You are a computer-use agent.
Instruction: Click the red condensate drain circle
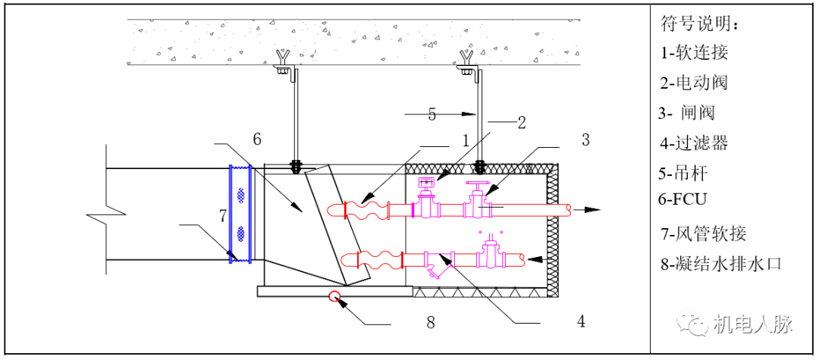[333, 296]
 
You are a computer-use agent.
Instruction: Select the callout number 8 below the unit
[431, 322]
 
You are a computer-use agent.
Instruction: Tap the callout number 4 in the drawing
[581, 321]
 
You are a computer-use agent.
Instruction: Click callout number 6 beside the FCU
[257, 139]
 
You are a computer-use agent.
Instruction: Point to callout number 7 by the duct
[223, 216]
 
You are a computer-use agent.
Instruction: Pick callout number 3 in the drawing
[585, 139]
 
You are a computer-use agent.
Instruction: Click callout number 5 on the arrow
[432, 114]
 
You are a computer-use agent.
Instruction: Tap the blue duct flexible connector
[241, 214]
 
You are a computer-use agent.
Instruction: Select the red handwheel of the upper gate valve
[478, 184]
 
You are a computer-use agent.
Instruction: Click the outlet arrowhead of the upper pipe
[594, 208]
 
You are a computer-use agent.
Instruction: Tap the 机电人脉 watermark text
[752, 324]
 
